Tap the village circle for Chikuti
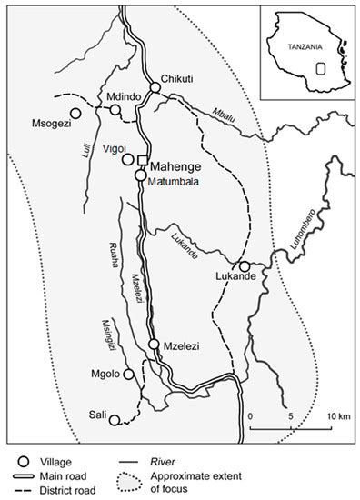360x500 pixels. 155,87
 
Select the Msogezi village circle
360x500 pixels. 75,113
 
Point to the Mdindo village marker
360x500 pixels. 115,109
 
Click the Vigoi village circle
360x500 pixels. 128,159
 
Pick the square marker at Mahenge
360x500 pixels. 142,162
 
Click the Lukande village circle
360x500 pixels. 244,266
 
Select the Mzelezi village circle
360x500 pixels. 153,345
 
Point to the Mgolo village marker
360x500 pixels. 128,374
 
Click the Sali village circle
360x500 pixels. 114,419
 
